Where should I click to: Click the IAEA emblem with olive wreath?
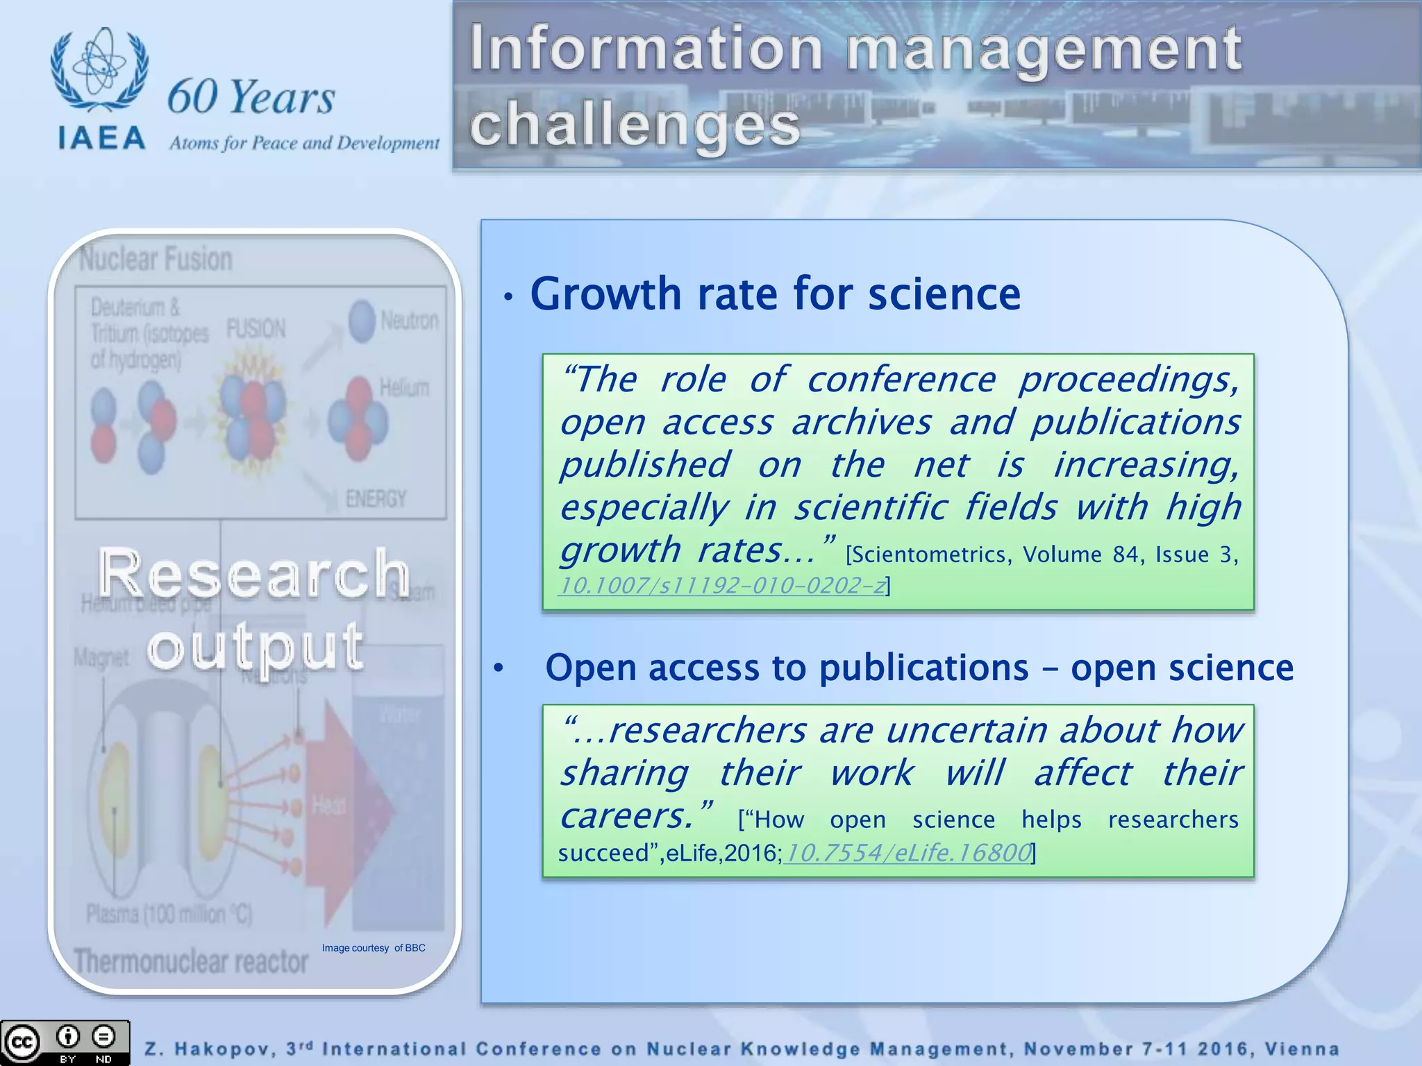(99, 69)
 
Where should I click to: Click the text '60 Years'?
(251, 96)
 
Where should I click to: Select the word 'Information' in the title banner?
(646, 48)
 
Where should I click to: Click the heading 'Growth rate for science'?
(775, 294)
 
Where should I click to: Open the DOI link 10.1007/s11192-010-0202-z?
(722, 586)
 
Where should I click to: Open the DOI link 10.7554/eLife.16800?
(907, 852)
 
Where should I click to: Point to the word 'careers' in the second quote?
(625, 815)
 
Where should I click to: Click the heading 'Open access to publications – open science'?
(919, 668)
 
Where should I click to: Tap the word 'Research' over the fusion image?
(254, 573)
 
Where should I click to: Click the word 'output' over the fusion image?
(255, 647)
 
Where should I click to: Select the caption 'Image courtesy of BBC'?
(374, 948)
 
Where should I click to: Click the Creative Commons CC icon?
(22, 1042)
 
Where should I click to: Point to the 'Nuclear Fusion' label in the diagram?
(156, 260)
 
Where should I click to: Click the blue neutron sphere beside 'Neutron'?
(362, 321)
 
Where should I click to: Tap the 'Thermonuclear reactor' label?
(191, 962)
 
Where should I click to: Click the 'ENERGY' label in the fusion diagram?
(376, 498)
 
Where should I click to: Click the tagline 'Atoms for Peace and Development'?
(304, 143)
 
